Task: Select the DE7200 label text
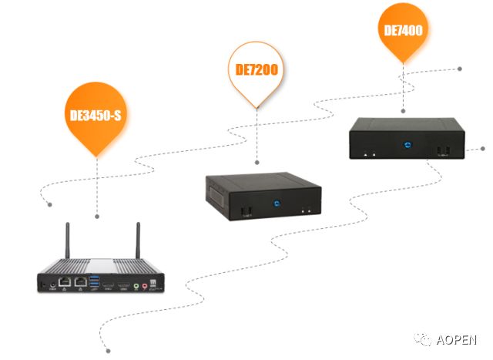(257, 70)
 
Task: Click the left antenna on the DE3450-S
(67, 241)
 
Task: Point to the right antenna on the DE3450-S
(139, 241)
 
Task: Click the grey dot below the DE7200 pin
(257, 162)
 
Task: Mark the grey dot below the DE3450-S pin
(97, 217)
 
